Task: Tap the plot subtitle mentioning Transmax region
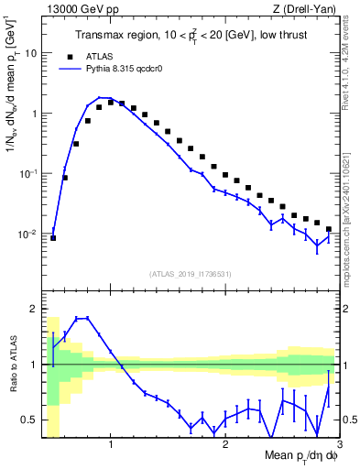click(193, 36)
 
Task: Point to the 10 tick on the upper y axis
click(30, 53)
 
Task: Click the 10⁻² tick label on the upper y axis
click(27, 234)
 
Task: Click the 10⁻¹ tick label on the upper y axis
click(27, 173)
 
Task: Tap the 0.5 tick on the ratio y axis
click(31, 420)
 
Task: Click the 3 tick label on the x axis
click(338, 446)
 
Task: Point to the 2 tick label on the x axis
click(225, 446)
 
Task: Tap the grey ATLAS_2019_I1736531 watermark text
click(191, 274)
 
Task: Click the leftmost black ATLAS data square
click(53, 238)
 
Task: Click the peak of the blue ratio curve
click(82, 318)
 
